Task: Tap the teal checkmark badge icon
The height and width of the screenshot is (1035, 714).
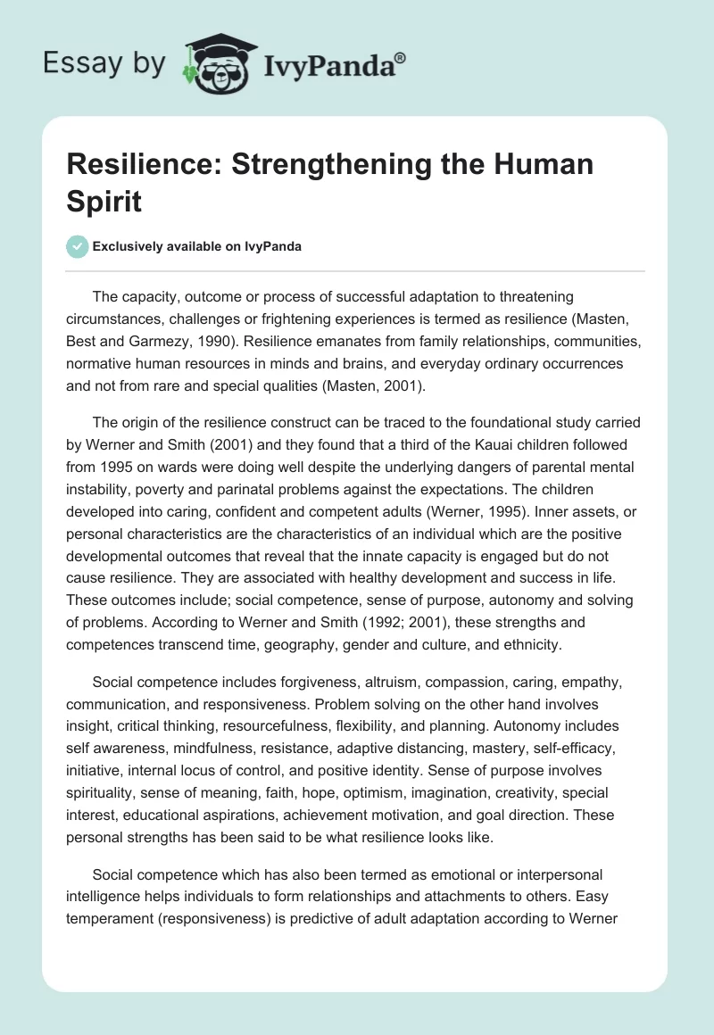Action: click(x=79, y=246)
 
